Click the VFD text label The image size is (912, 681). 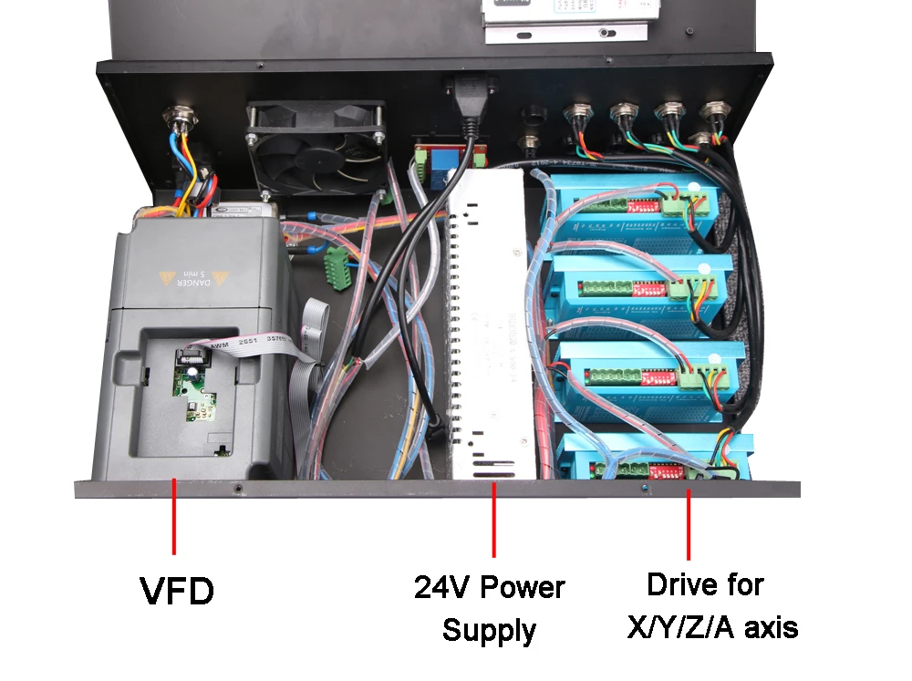tap(177, 592)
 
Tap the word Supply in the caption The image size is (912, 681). tap(489, 630)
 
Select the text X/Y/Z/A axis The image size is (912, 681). tap(712, 627)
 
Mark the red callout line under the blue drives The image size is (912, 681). tap(689, 523)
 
